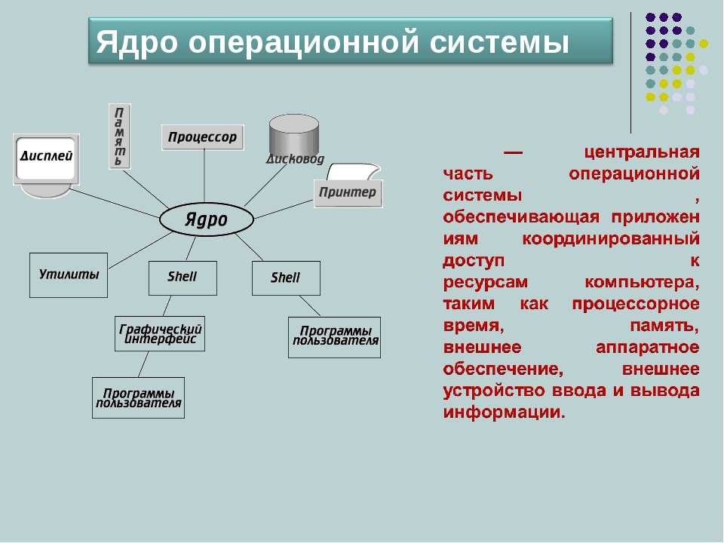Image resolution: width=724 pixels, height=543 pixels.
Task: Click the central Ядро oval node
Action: pyautogui.click(x=207, y=219)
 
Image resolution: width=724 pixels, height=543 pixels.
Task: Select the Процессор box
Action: pyautogui.click(x=202, y=137)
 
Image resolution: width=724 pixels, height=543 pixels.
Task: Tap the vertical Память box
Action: pyautogui.click(x=120, y=137)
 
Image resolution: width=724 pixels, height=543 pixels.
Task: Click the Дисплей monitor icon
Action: pyautogui.click(x=46, y=165)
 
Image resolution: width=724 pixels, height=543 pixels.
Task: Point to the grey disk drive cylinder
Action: pyautogui.click(x=294, y=137)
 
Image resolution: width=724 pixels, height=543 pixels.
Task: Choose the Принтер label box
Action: pyautogui.click(x=348, y=192)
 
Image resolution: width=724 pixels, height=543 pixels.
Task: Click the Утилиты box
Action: pyautogui.click(x=69, y=275)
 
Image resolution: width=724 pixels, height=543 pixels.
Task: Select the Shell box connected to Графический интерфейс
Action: pyautogui.click(x=183, y=278)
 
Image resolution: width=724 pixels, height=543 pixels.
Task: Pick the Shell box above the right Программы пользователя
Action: pyautogui.click(x=286, y=278)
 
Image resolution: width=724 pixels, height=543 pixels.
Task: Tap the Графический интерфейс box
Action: pyautogui.click(x=160, y=334)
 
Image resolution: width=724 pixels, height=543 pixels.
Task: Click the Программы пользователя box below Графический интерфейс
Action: pyautogui.click(x=138, y=398)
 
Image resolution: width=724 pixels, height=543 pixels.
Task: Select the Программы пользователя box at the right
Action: pyautogui.click(x=334, y=337)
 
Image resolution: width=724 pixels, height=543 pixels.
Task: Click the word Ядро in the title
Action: pyautogui.click(x=137, y=43)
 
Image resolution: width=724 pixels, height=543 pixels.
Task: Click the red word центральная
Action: pyautogui.click(x=642, y=152)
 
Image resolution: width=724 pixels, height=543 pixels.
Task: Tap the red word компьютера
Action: pyautogui.click(x=642, y=282)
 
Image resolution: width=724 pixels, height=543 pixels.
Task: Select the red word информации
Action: pyautogui.click(x=505, y=412)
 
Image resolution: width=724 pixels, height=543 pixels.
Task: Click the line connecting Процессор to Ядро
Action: pyautogui.click(x=204, y=176)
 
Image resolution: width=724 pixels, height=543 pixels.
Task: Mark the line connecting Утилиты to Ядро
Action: pyautogui.click(x=141, y=250)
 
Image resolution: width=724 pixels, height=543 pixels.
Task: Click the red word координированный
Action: pyautogui.click(x=611, y=240)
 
